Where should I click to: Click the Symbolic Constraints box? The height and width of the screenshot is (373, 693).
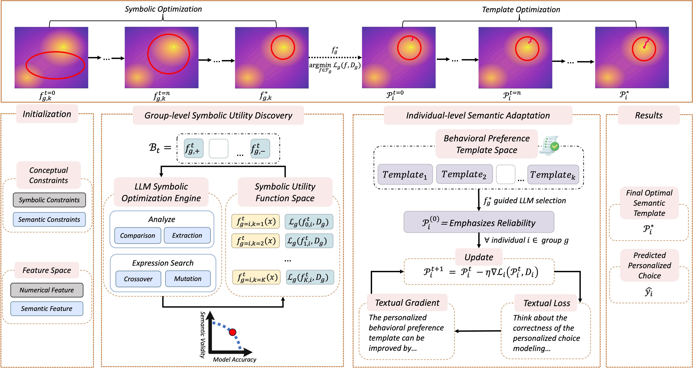pos(49,200)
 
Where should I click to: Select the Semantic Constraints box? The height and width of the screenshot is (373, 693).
pos(49,219)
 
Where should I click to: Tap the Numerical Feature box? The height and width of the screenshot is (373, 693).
pos(47,290)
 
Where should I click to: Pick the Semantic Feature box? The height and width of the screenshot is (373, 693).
pos(47,308)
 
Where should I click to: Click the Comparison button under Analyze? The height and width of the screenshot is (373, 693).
pos(137,236)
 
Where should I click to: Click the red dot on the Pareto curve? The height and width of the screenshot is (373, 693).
pos(233,332)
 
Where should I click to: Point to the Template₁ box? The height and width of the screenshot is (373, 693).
pos(405,175)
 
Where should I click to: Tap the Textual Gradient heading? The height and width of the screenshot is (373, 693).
pos(407,303)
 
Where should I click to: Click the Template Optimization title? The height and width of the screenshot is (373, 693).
pos(521,10)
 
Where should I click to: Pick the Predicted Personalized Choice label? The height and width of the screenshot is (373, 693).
pos(649,265)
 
